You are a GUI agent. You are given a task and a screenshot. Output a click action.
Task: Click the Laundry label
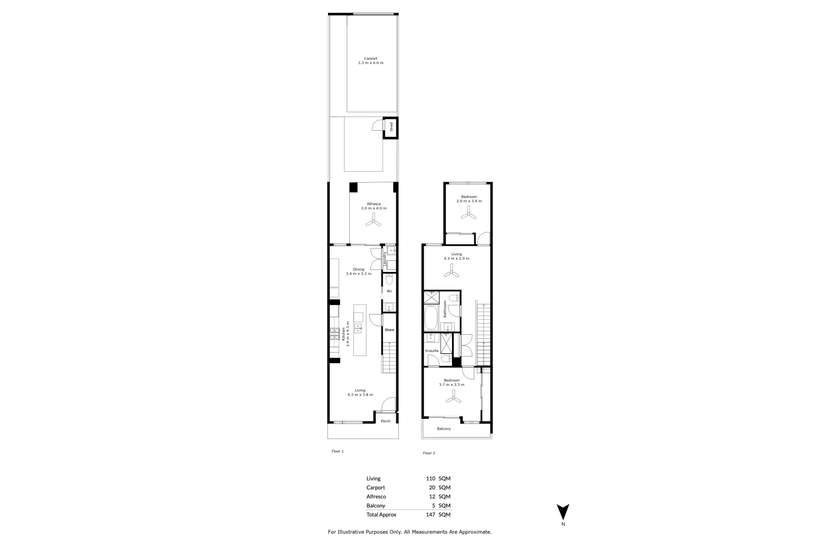point(385,259)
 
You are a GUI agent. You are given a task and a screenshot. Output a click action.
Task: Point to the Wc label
point(389,291)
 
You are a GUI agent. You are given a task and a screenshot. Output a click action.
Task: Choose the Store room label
point(389,330)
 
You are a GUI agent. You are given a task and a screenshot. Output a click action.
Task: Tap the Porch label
point(386,421)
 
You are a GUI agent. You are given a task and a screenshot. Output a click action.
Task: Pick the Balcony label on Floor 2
point(444,429)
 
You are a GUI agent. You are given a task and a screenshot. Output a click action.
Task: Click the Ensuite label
point(432,350)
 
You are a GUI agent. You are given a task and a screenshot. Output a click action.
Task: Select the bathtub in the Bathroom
point(431,318)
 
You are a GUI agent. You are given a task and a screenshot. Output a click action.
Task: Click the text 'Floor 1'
point(338,451)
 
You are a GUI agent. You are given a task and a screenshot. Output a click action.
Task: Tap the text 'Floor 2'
point(429,453)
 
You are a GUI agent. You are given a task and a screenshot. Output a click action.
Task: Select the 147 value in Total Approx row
point(430,515)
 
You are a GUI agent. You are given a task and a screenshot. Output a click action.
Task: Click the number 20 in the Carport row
point(432,488)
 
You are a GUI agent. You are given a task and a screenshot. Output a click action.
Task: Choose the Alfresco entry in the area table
point(376,496)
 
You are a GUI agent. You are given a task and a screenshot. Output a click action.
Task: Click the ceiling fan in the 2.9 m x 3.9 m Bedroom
point(468,215)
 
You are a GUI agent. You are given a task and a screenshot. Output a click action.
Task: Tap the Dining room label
point(358,269)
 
